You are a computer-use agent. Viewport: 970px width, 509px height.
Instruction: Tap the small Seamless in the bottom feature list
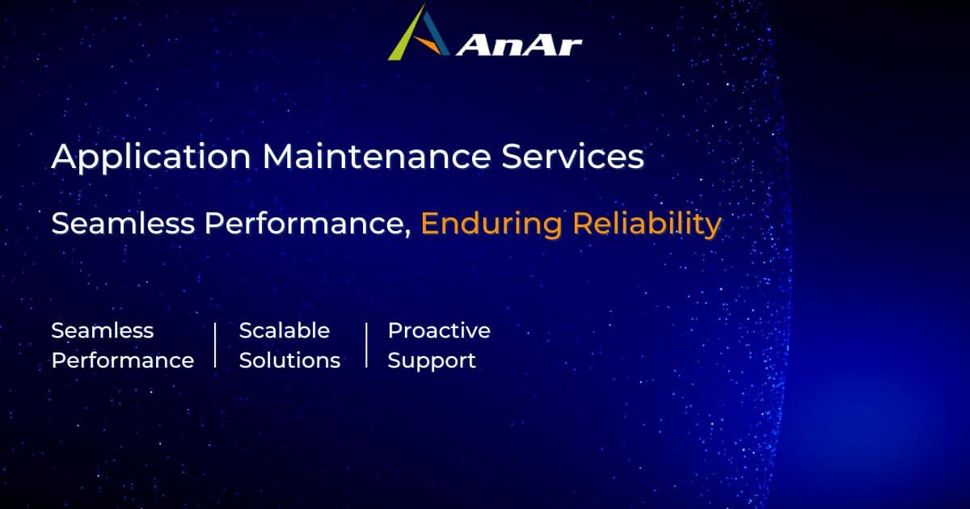103,330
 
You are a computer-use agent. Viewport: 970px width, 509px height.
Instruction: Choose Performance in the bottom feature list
123,360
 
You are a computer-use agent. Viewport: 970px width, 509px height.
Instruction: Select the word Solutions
289,360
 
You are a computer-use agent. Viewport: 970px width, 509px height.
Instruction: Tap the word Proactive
439,330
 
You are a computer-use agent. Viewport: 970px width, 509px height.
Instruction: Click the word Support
432,361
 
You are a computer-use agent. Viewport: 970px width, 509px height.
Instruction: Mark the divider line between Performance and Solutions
216,345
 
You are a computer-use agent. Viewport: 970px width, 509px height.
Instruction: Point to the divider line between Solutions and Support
366,345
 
